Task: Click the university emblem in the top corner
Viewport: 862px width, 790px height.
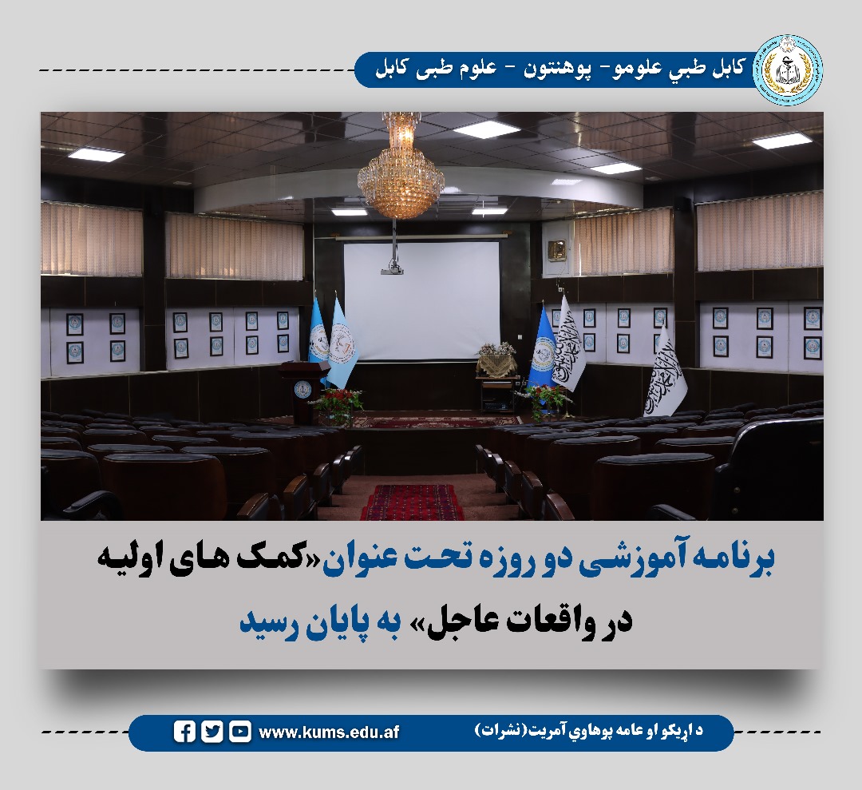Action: [x=788, y=70]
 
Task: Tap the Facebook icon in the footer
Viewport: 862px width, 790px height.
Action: [x=184, y=732]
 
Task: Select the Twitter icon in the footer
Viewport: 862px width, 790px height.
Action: [x=212, y=732]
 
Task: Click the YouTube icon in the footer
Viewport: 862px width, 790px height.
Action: [x=239, y=732]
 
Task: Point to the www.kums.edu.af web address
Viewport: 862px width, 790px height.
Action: [x=329, y=732]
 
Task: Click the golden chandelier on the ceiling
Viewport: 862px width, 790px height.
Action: [x=401, y=169]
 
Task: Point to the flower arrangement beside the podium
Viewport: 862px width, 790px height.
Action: [x=338, y=403]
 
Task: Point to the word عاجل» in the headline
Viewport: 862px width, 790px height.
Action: [x=453, y=621]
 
